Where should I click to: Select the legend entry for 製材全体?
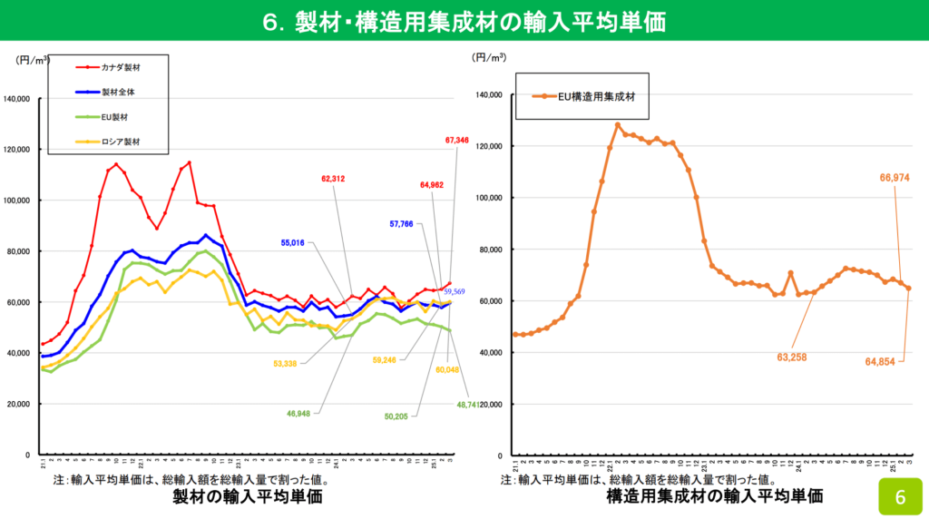(118, 92)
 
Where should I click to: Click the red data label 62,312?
(332, 179)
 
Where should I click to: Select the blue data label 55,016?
(298, 243)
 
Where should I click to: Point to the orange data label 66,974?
(893, 179)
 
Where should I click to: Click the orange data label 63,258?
(790, 357)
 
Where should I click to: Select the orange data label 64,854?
(879, 361)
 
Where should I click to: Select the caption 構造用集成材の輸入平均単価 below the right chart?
(714, 495)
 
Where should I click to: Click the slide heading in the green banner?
(464, 20)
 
